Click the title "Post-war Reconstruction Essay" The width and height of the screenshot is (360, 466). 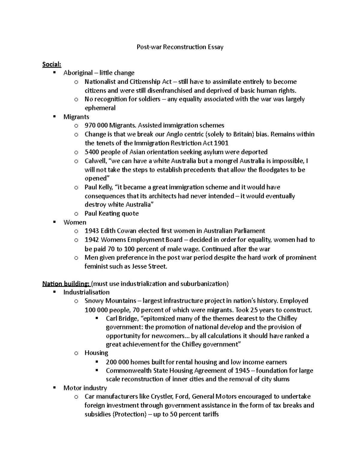coord(180,47)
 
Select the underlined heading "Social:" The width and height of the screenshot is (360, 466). coord(52,64)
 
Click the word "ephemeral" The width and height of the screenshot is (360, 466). coord(100,108)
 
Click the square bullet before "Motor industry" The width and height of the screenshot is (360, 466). coord(54,388)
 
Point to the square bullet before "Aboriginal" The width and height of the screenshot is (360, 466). coord(54,73)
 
